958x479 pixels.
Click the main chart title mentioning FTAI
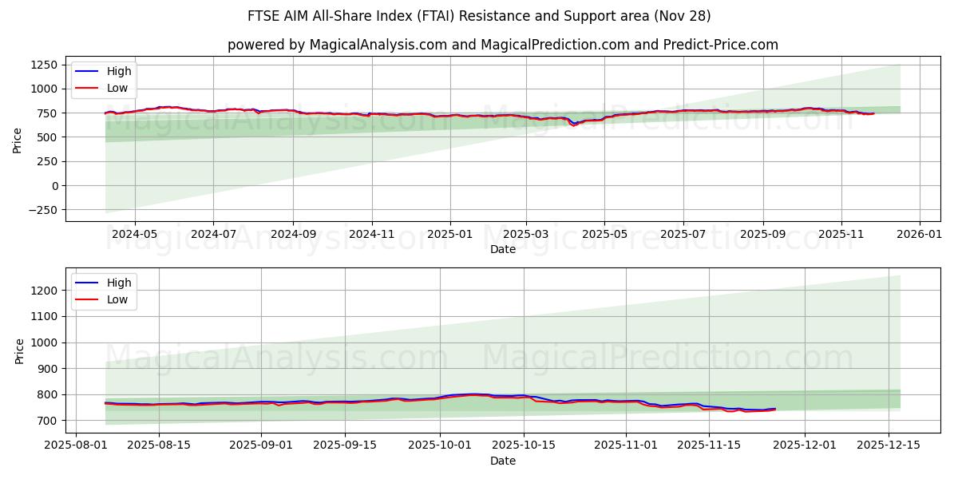[479, 16]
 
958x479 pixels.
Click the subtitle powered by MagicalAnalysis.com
[503, 45]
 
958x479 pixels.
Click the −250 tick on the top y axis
[42, 210]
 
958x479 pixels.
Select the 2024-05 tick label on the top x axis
[134, 235]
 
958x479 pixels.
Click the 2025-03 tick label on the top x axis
[526, 235]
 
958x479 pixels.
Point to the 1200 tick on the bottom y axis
[45, 291]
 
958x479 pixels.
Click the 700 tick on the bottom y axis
[48, 421]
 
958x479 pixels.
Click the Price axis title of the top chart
[18, 139]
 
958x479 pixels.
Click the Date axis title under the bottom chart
[503, 461]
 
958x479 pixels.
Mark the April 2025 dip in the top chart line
[572, 125]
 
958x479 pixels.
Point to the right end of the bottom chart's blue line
[774, 409]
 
